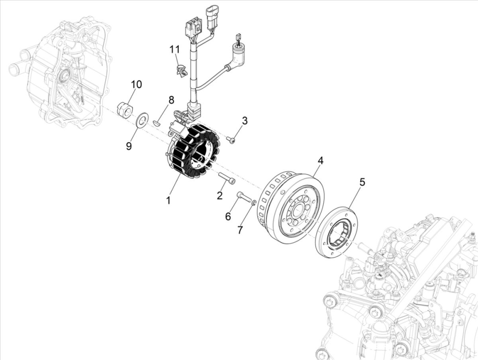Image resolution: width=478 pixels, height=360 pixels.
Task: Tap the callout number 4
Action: [320, 160]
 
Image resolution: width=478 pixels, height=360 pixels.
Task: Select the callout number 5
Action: [362, 182]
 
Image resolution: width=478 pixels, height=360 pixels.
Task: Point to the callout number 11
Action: [174, 49]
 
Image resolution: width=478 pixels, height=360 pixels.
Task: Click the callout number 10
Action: [136, 84]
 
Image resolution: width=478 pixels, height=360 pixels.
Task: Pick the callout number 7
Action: [240, 230]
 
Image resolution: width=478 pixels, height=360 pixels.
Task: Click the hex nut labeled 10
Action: [123, 110]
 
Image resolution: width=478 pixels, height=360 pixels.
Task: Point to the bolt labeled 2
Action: [227, 178]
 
